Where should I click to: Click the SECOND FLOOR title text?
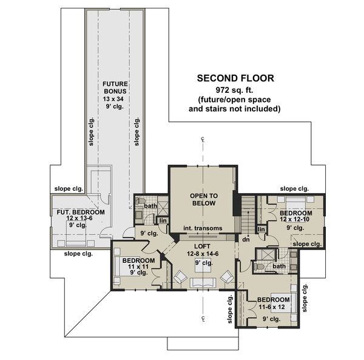(x=235, y=78)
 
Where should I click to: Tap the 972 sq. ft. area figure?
(x=234, y=90)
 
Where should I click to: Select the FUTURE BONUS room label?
(x=115, y=87)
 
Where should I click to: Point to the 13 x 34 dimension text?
(x=113, y=99)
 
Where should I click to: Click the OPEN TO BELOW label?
(x=204, y=200)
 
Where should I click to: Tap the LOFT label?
(x=202, y=246)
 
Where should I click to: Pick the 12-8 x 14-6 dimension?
(x=203, y=254)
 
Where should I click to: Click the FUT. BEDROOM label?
(x=81, y=212)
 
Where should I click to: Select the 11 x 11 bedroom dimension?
(x=138, y=267)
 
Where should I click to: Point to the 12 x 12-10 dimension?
(x=295, y=219)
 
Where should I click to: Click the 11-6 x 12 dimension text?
(x=272, y=307)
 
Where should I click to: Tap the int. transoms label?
(x=203, y=228)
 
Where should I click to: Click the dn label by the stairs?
(x=246, y=239)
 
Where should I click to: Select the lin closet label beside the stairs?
(x=261, y=229)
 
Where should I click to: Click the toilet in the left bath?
(x=140, y=201)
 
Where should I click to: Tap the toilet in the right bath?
(x=258, y=267)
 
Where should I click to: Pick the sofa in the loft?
(x=203, y=283)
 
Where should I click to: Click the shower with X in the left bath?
(x=163, y=206)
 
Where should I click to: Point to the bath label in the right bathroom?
(x=279, y=266)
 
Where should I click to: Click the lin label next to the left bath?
(x=163, y=220)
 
